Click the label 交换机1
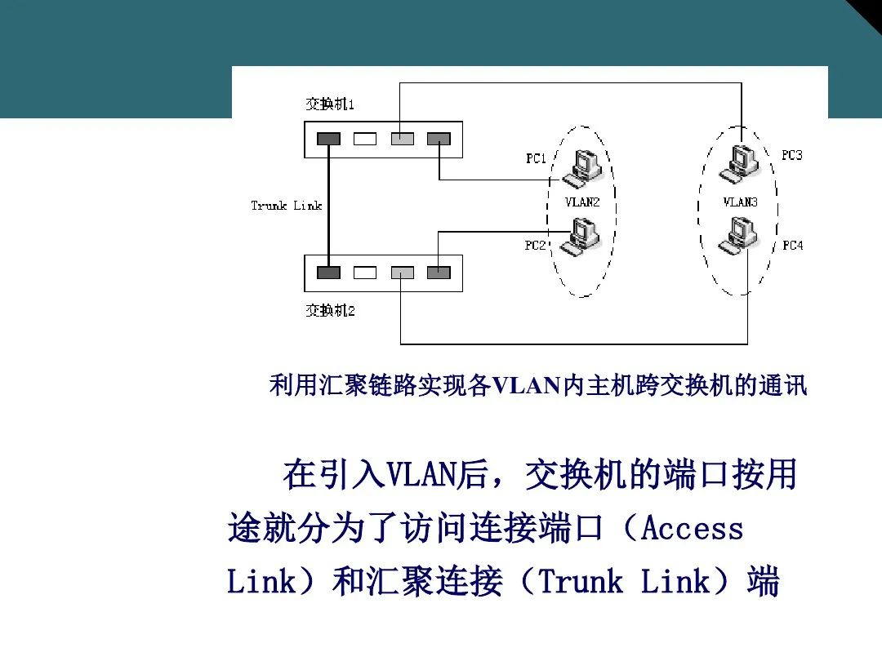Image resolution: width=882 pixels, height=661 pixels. pyautogui.click(x=330, y=104)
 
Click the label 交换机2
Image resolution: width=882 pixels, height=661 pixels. pyautogui.click(x=330, y=310)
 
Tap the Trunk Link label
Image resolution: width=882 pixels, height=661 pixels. pyautogui.click(x=287, y=206)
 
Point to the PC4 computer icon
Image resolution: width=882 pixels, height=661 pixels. pyautogui.click(x=738, y=236)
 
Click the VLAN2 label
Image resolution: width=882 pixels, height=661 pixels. pyautogui.click(x=582, y=202)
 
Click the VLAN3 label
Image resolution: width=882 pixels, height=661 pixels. pyautogui.click(x=740, y=202)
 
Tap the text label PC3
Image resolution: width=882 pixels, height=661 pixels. pyautogui.click(x=791, y=155)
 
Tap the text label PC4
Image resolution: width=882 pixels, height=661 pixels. pyautogui.click(x=792, y=245)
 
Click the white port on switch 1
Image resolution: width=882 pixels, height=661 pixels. pyautogui.click(x=365, y=139)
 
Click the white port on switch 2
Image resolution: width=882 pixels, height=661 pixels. pyautogui.click(x=365, y=273)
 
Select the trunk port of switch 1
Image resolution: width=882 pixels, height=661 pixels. pyautogui.click(x=328, y=139)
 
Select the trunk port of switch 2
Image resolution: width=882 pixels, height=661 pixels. pyautogui.click(x=328, y=273)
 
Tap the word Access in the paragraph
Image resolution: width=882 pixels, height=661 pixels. pyautogui.click(x=693, y=529)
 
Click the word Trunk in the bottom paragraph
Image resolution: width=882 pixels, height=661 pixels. pyautogui.click(x=581, y=583)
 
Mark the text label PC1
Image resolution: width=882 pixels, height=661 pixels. pyautogui.click(x=536, y=158)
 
